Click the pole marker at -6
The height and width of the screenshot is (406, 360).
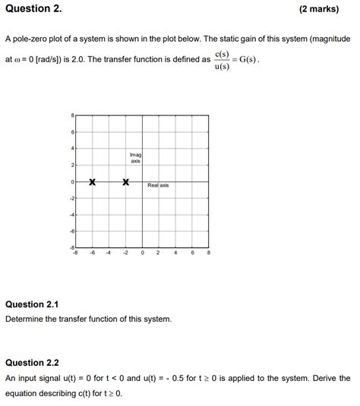[92, 182]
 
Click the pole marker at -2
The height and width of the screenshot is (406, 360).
[126, 182]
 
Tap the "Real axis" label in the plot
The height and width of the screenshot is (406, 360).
[158, 185]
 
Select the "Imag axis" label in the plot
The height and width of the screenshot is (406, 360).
[135, 157]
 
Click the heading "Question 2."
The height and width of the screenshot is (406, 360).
[34, 9]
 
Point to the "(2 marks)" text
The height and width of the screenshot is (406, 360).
[324, 9]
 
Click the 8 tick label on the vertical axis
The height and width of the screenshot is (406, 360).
[72, 116]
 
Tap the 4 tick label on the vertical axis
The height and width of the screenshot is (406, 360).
[72, 149]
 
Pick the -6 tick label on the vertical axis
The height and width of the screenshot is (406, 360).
[71, 231]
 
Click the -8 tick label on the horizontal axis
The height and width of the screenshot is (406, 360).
[74, 253]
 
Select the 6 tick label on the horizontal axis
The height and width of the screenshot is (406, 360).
[192, 253]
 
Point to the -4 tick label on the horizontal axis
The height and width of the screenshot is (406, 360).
[109, 253]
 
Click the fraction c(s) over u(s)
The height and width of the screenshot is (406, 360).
[222, 60]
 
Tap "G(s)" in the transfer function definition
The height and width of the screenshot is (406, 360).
[248, 60]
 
